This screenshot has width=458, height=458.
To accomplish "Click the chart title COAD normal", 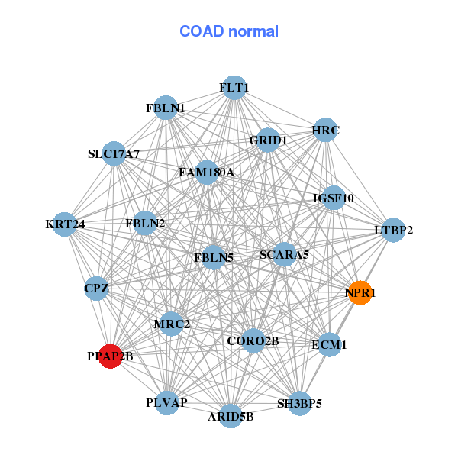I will (x=229, y=31).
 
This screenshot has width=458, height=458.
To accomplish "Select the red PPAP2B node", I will (x=111, y=356).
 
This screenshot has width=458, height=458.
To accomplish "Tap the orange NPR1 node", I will (x=360, y=292).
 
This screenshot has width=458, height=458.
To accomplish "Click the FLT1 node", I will (x=234, y=88).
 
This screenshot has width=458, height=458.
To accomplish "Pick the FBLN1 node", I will (x=166, y=108).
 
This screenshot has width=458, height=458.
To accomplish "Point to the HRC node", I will (x=325, y=130).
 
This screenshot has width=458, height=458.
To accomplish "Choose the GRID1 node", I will (x=268, y=140).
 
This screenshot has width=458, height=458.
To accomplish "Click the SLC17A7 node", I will (x=114, y=154).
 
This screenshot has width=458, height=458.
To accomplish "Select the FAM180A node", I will (x=206, y=173).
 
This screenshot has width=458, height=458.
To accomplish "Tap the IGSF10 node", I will (x=334, y=198).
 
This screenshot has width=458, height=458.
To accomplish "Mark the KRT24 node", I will (x=65, y=224).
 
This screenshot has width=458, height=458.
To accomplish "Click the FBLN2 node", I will (x=146, y=224).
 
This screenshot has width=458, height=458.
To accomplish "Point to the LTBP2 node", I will (x=392, y=230).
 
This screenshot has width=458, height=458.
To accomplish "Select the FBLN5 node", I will (x=213, y=257).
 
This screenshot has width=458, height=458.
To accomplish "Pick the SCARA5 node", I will (x=284, y=254).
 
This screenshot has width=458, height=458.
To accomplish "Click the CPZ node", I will (x=97, y=289).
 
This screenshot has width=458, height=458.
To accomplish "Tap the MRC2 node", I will (x=172, y=324).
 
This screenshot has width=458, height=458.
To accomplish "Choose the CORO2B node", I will (x=253, y=340).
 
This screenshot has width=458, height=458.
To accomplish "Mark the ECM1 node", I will (x=329, y=345).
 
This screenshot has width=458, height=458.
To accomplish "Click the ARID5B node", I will (x=231, y=416).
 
